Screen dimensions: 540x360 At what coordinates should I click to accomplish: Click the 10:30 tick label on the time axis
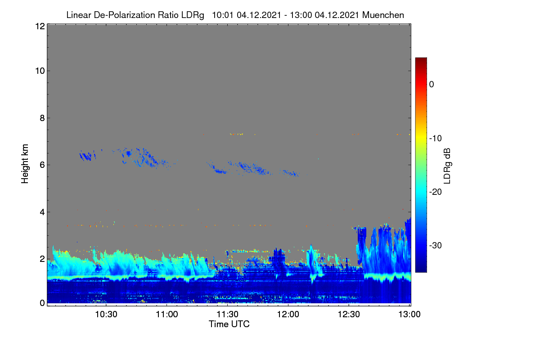[x=106, y=315]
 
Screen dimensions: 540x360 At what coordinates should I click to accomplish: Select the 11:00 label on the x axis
[x=167, y=315]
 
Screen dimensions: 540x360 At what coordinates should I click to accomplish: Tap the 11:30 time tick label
[x=227, y=315]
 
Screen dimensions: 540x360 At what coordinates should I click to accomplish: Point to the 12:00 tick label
[x=288, y=315]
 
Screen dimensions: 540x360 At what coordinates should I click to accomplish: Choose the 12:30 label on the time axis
[x=349, y=315]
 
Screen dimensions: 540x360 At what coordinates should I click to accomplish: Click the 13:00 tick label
[x=409, y=315]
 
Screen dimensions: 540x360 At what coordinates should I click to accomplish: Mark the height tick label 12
[x=40, y=26]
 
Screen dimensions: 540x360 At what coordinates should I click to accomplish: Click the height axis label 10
[x=40, y=71]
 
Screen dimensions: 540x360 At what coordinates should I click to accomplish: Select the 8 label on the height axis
[x=42, y=118]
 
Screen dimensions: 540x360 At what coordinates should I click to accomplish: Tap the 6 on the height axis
[x=42, y=165]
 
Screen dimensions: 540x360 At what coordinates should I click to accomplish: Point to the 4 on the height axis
[x=42, y=212]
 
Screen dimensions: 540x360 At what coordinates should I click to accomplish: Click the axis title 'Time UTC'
[x=229, y=324]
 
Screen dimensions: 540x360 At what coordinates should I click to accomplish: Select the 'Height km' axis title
[x=25, y=164]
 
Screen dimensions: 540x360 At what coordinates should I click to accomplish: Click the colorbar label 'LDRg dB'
[x=447, y=166]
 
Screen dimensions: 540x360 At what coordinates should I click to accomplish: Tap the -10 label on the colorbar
[x=436, y=139]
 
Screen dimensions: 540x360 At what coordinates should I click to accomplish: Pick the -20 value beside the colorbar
[x=436, y=192]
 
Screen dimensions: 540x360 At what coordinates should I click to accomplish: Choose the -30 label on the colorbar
[x=436, y=245]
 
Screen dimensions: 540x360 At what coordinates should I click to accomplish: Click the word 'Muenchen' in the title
[x=383, y=15]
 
